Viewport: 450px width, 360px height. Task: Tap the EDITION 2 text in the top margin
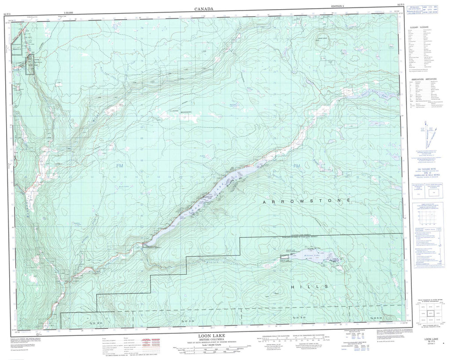pyautogui.click(x=339, y=7)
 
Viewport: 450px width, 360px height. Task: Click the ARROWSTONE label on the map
pyautogui.click(x=307, y=200)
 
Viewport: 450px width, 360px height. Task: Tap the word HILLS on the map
pyautogui.click(x=309, y=286)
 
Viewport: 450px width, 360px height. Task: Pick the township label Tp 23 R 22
pyautogui.click(x=377, y=317)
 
